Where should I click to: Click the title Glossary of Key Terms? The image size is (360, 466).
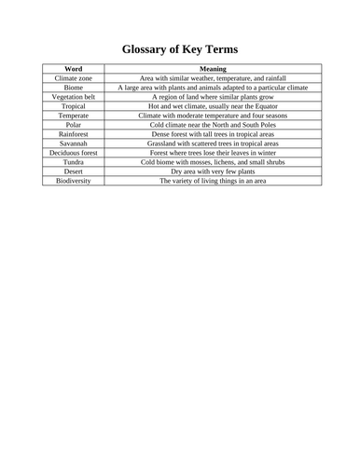(180, 48)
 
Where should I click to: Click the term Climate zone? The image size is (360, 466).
(73, 78)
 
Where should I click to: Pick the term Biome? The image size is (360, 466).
(73, 88)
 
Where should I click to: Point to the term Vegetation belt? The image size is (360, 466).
(73, 97)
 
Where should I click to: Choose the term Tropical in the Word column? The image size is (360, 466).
(73, 106)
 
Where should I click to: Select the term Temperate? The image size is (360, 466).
(73, 116)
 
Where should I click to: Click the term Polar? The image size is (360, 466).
(73, 125)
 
